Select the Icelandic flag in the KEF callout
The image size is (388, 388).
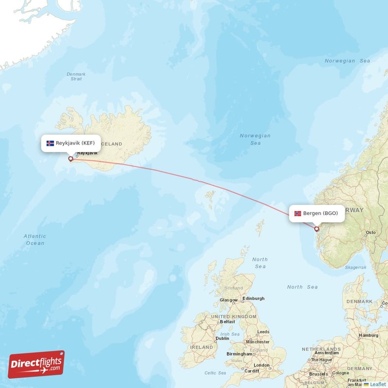point(50,144)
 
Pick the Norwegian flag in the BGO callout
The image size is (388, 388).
point(297,213)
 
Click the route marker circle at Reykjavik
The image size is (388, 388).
point(71,159)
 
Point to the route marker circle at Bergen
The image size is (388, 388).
point(317,229)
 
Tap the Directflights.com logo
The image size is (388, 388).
point(36,364)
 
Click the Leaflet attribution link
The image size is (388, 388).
point(377,384)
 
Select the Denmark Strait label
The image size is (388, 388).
point(76,76)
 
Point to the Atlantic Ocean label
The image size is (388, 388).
point(35,240)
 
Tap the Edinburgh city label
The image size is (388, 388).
point(254,298)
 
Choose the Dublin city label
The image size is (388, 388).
point(222,339)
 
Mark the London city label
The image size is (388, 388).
point(261,365)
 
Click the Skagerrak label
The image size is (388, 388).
point(356,267)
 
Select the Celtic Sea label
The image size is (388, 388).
point(215,373)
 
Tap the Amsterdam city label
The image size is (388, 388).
point(326,353)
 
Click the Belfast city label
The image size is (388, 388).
point(227,322)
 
